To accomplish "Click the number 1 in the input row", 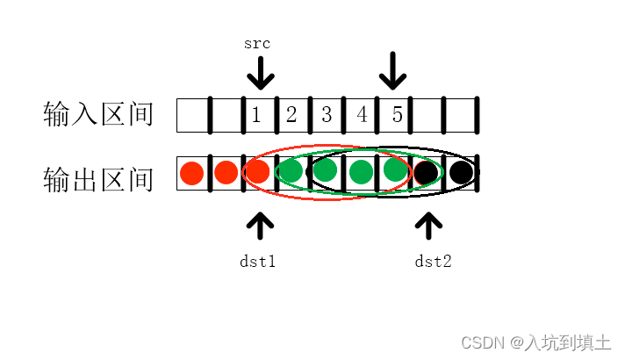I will click(x=256, y=114).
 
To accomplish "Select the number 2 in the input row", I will click(x=291, y=114).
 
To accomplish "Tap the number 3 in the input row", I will click(x=327, y=114).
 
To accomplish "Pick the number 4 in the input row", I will click(x=362, y=114).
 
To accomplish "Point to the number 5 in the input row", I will click(x=397, y=114).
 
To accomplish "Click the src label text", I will click(x=257, y=42).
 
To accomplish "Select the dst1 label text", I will click(x=258, y=261).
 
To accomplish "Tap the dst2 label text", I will click(x=433, y=261).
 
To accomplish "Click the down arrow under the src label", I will click(x=259, y=72).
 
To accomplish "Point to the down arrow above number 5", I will click(x=392, y=70).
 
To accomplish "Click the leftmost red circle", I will click(x=191, y=173).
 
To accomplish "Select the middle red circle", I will click(x=226, y=173).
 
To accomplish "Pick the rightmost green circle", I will click(x=396, y=169).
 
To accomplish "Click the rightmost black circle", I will click(x=460, y=172).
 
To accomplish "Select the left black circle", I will click(x=426, y=172).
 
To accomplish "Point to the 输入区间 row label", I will click(x=98, y=115).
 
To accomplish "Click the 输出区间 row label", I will click(x=98, y=179).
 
